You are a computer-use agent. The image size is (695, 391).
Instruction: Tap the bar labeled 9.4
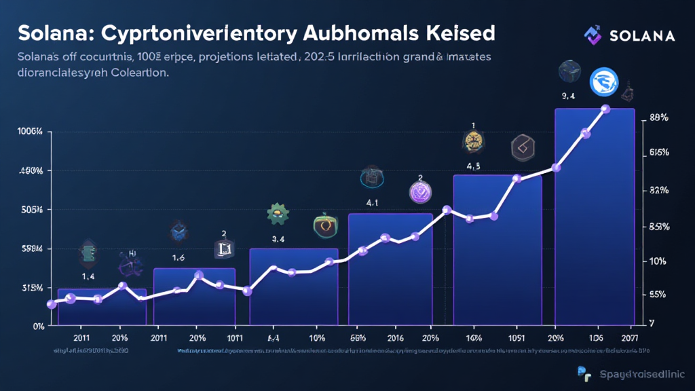pyautogui.click(x=595, y=217)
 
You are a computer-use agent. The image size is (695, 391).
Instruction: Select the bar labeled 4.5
pyautogui.click(x=497, y=251)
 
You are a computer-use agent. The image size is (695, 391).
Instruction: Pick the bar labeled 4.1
pyautogui.click(x=390, y=272)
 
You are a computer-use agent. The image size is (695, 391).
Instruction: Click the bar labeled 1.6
pyautogui.click(x=194, y=299)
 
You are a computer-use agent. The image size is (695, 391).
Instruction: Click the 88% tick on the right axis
pyautogui.click(x=659, y=117)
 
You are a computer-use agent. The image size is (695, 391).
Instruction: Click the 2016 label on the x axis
pyautogui.click(x=396, y=337)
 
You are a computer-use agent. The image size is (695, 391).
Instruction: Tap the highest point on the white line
pyautogui.click(x=606, y=109)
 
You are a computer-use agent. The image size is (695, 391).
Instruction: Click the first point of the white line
pyautogui.click(x=51, y=304)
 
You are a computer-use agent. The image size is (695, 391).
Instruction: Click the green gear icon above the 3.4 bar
pyautogui.click(x=278, y=214)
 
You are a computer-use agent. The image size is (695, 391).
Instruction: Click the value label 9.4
pyautogui.click(x=567, y=96)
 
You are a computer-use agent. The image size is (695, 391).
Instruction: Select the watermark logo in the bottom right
pyautogui.click(x=584, y=371)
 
